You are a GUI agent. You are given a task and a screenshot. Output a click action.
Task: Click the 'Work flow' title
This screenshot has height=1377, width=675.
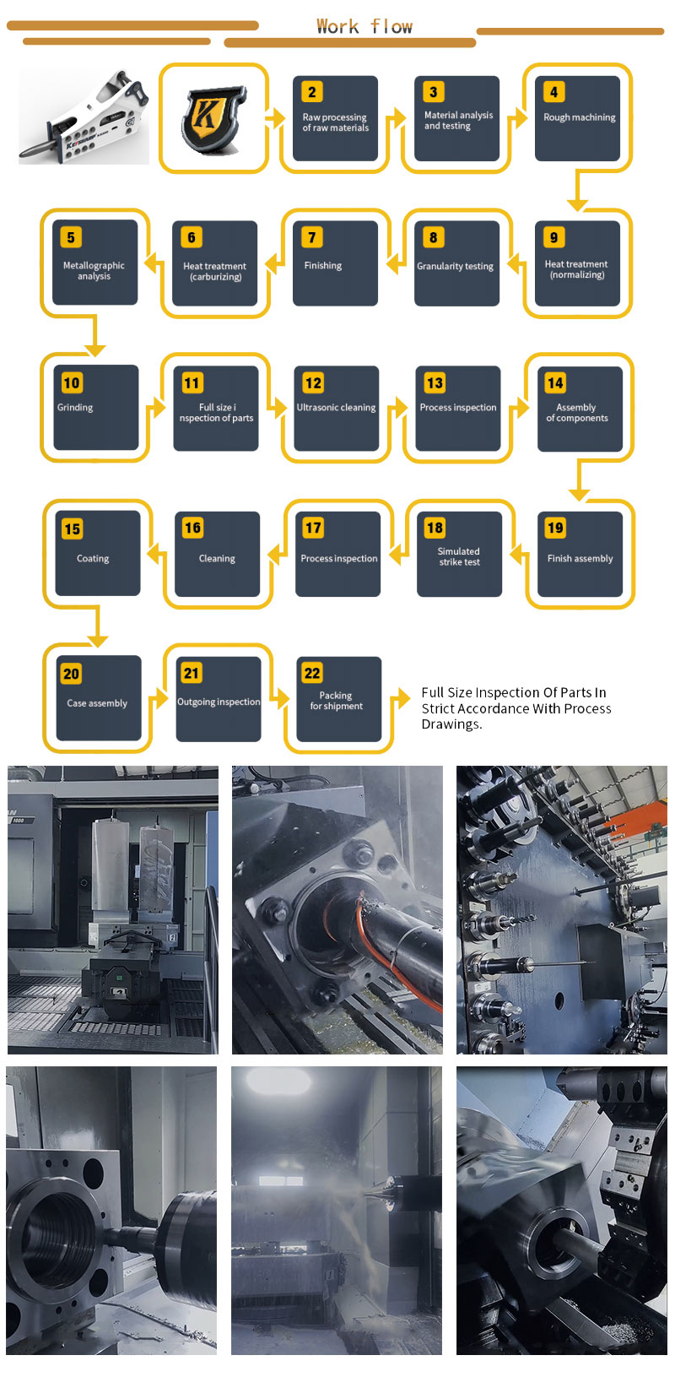(364, 26)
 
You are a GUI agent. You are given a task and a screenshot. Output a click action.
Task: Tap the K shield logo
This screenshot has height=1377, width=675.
(213, 119)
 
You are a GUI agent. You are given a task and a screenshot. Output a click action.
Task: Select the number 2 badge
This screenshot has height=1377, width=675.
(312, 92)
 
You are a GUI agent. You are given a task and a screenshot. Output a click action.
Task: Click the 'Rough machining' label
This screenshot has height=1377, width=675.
(579, 117)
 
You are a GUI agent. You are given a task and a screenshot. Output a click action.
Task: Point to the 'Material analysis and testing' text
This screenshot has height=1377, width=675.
(458, 121)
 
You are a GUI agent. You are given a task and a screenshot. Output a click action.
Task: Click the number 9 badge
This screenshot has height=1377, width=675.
(554, 237)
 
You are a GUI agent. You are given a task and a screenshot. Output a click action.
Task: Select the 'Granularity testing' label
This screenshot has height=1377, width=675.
(455, 266)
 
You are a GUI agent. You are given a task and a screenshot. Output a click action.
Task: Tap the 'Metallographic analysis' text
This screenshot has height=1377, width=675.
(94, 270)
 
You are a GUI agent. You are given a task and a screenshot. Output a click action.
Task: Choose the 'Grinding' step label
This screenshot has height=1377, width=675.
(75, 407)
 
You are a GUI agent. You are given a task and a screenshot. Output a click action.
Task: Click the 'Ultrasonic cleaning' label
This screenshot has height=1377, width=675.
(336, 407)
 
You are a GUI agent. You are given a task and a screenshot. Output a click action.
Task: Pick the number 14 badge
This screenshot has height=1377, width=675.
(555, 383)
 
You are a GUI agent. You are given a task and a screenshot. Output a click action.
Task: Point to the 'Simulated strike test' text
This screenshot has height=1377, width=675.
(459, 556)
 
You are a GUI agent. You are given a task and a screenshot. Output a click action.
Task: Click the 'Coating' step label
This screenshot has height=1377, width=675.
(93, 558)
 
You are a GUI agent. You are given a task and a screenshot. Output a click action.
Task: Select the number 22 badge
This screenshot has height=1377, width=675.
(312, 673)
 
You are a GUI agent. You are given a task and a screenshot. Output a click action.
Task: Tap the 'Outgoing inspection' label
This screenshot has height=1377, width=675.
(218, 702)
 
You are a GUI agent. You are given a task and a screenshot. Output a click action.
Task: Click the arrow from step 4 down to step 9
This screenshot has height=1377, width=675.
(577, 192)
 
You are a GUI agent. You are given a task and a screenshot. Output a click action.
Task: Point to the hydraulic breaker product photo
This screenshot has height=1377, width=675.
(84, 117)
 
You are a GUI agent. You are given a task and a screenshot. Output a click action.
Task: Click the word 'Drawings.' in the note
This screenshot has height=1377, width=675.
(451, 724)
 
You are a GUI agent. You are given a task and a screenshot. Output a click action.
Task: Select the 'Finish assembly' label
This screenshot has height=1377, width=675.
(580, 558)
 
